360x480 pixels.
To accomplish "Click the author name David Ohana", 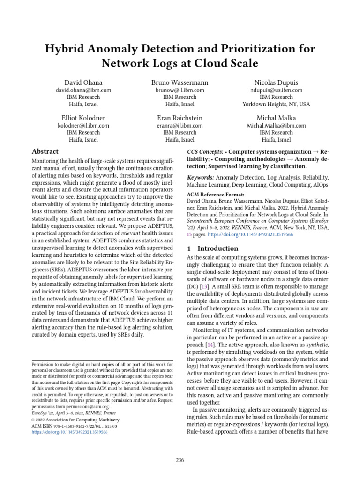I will (x=83, y=82).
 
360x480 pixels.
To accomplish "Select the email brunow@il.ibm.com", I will (x=180, y=90).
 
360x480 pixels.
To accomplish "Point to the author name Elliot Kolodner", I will (x=83, y=117).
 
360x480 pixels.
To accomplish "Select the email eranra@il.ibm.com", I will (x=180, y=126).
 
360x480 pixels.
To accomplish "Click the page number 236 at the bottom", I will (x=180, y=460).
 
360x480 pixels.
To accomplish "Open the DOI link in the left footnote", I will (x=69, y=432).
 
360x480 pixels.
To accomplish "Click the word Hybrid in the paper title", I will (x=68, y=49).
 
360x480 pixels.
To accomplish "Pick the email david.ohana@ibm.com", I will (x=83, y=90).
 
